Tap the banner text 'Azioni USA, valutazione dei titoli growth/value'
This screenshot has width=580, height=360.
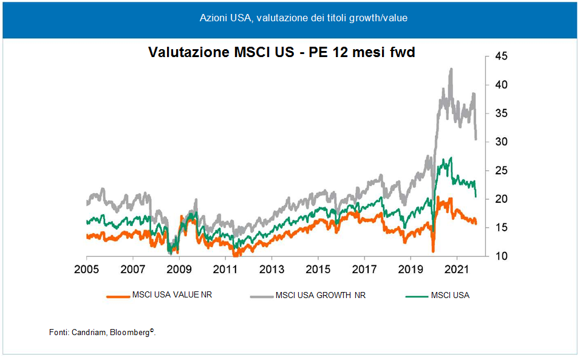pyautogui.click(x=303, y=18)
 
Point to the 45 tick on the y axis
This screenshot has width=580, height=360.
pyautogui.click(x=502, y=56)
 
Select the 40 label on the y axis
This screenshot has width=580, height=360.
pyautogui.click(x=502, y=85)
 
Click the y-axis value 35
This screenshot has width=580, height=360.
pyautogui.click(x=502, y=114)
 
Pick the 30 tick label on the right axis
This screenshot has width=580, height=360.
pyautogui.click(x=502, y=142)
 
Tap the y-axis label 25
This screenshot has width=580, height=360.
pyautogui.click(x=502, y=171)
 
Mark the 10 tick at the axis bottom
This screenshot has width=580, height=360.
pyautogui.click(x=502, y=257)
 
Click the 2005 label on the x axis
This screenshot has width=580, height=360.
pyautogui.click(x=87, y=268)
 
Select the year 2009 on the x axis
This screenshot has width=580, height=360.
pyautogui.click(x=179, y=268)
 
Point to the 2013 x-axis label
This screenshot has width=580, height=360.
pyautogui.click(x=271, y=268)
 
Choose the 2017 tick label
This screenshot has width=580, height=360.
pyautogui.click(x=364, y=268)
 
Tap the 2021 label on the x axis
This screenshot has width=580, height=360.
pyautogui.click(x=456, y=268)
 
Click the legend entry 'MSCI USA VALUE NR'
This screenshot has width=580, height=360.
pyautogui.click(x=172, y=296)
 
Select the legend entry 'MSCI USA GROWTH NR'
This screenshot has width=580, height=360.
pyautogui.click(x=320, y=296)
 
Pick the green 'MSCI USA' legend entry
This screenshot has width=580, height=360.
pyautogui.click(x=450, y=296)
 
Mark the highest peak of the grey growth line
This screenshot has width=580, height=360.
pyautogui.click(x=451, y=69)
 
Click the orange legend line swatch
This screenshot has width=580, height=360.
pyautogui.click(x=118, y=296)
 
